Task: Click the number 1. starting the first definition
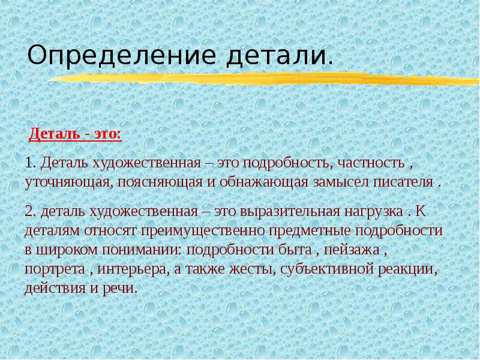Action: (31, 163)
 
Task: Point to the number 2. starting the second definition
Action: (31, 213)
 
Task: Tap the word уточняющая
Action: (66, 181)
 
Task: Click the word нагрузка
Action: (372, 213)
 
